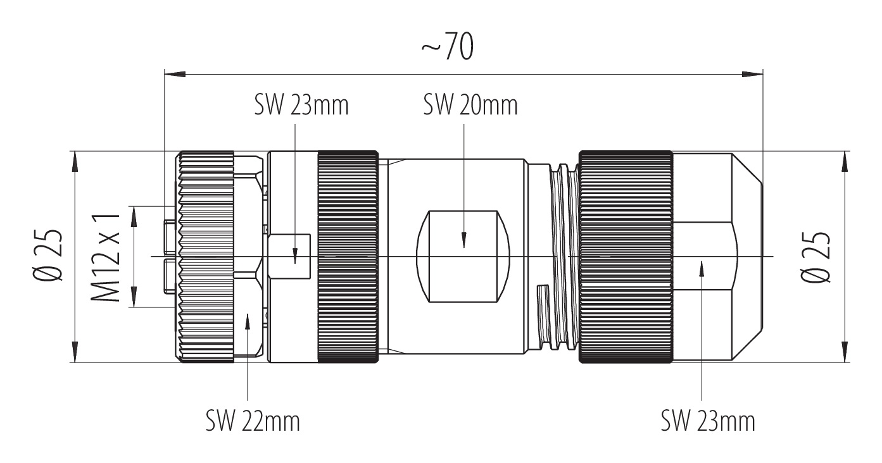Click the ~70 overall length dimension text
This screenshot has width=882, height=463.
[448, 47]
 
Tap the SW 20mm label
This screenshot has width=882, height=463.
[470, 106]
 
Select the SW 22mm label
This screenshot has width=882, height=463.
[253, 421]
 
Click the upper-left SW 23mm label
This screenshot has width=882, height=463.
[301, 106]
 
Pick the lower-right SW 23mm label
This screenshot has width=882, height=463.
[708, 421]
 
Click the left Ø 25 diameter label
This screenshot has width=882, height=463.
[47, 255]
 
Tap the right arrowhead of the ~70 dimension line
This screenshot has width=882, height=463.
[752, 74]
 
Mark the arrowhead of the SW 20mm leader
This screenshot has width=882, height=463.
[464, 240]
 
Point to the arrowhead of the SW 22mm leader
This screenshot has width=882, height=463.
[248, 320]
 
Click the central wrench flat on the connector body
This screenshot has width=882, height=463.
[463, 256]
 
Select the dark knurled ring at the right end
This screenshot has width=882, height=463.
[626, 256]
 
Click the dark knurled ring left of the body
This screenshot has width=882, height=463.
[348, 256]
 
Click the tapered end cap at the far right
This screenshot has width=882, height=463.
[718, 256]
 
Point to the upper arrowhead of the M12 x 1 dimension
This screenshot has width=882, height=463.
[134, 216]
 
